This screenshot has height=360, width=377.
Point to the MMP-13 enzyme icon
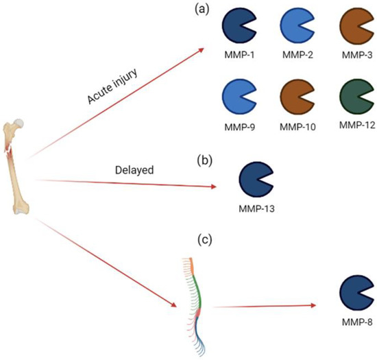coord(254,181)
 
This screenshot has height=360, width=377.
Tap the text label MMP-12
coord(356,125)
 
